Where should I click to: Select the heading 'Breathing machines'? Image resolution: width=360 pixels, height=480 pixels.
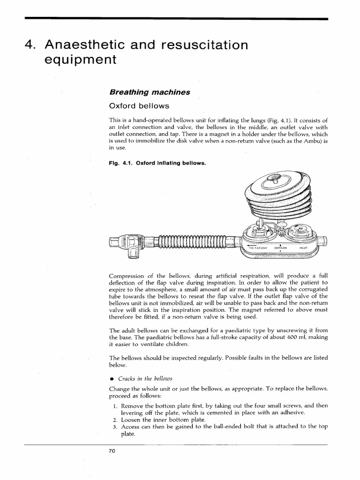click(149, 92)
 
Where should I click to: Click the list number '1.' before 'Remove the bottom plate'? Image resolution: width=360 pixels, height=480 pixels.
click(115, 406)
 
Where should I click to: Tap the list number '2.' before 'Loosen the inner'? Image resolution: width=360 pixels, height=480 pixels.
click(115, 420)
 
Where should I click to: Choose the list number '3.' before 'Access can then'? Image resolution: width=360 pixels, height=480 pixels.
click(115, 427)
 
